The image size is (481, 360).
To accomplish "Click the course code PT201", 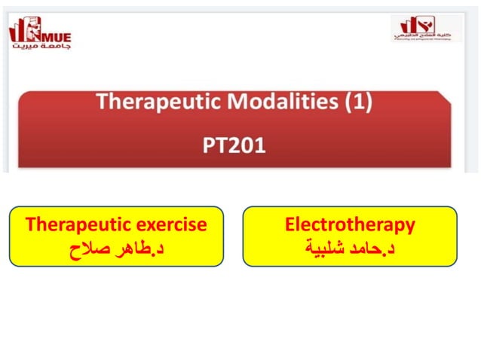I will pos(234,145).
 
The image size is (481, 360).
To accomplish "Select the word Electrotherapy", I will pos(350,224).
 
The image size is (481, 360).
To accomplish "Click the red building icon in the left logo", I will pos(21,31).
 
